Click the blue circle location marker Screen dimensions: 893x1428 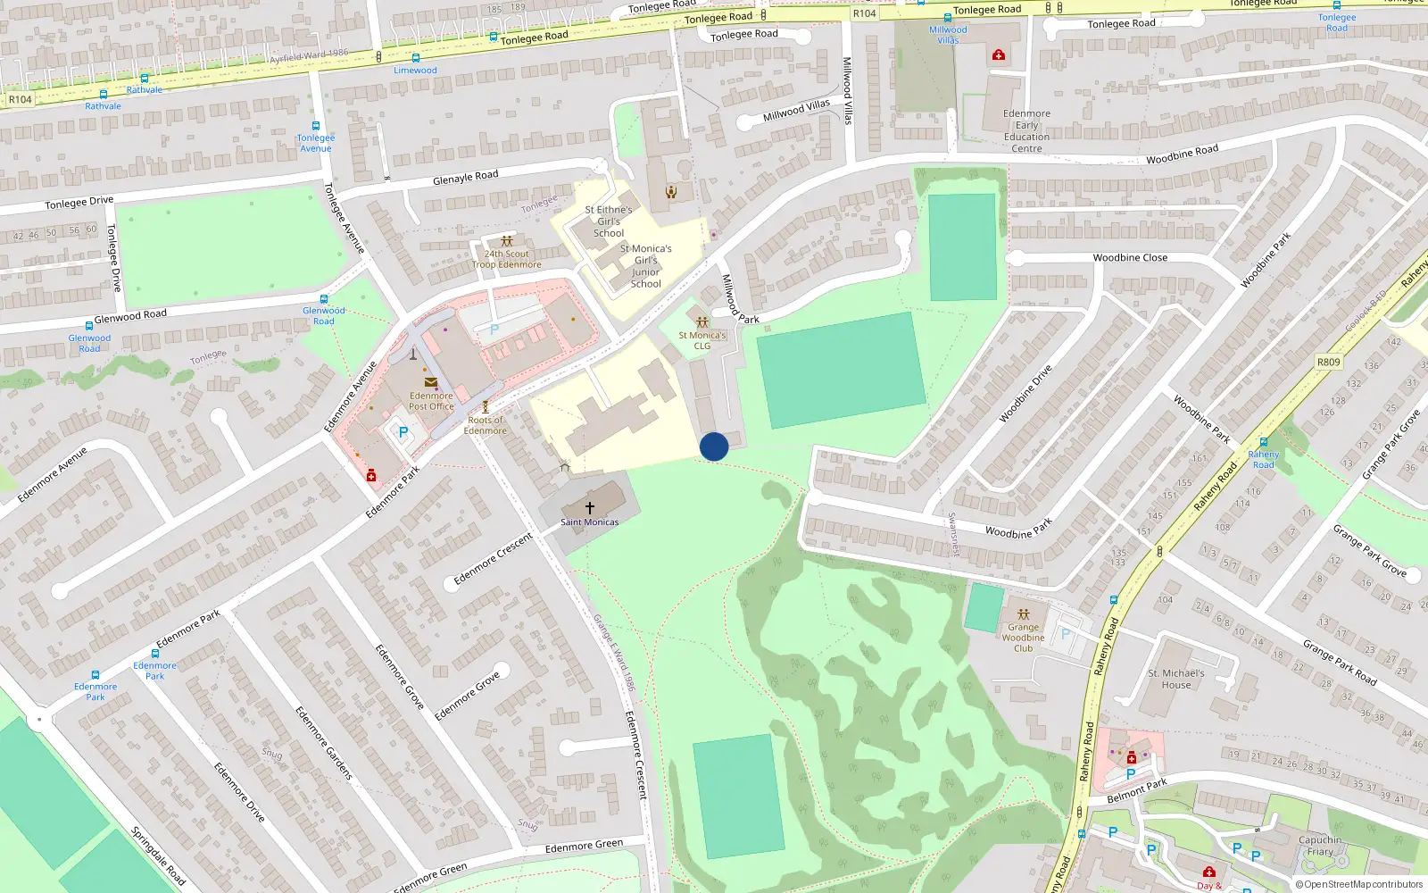coord(714,446)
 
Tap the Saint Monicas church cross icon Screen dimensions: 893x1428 coord(589,508)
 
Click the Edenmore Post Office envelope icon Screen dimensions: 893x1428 coord(431,383)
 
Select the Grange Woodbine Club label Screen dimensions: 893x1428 coord(1023,638)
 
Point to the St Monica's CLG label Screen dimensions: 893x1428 coord(702,340)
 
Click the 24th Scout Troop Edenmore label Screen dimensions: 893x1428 coord(507,259)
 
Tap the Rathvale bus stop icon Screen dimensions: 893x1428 coord(145,79)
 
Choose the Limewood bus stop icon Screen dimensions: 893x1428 coord(415,58)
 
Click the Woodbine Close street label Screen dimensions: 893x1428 coord(1130,258)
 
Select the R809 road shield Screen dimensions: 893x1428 coord(1328,363)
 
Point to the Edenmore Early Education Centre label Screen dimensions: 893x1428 coord(1026,131)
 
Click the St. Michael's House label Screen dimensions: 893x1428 coord(1175,680)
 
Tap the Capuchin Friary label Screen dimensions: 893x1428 coord(1320,846)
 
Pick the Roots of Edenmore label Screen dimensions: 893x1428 coord(486,425)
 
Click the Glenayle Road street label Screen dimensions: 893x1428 coord(465,178)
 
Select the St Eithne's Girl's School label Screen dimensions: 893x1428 coord(609,221)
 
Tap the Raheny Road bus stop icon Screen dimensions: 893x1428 coord(1263,442)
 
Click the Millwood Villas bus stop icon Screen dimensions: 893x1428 coord(948,18)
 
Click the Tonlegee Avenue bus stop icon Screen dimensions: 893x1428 coord(315,127)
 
